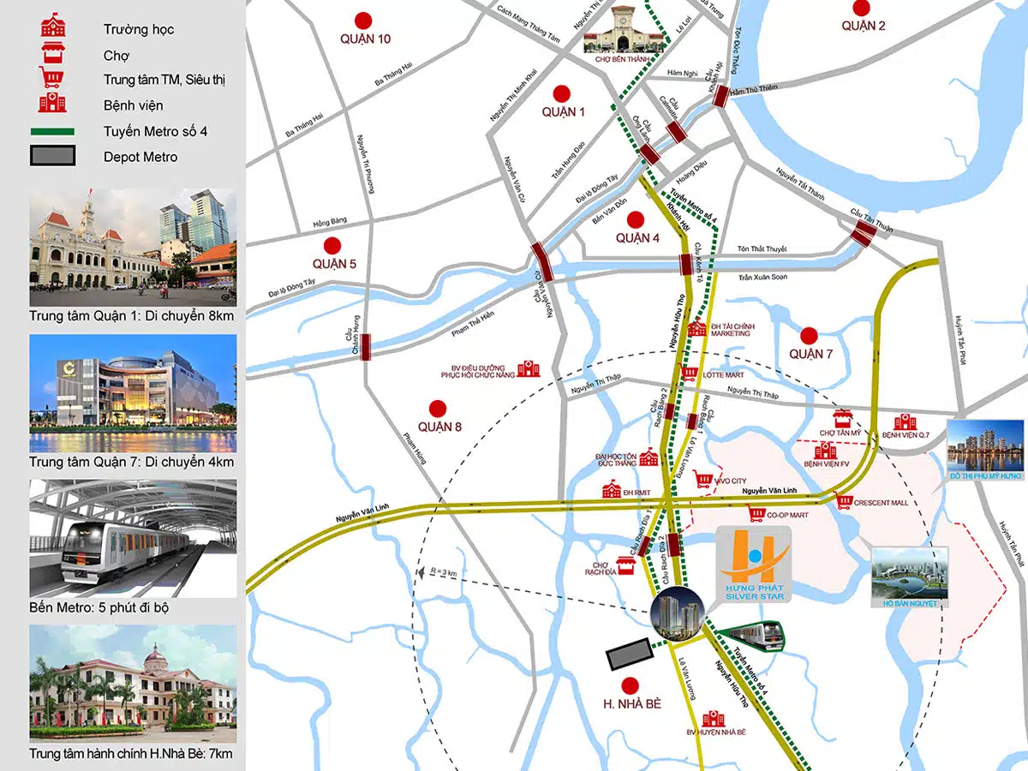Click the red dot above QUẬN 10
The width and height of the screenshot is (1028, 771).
(x=364, y=20)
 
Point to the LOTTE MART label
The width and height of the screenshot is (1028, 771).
(x=724, y=375)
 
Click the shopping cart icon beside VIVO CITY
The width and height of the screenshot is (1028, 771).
(x=704, y=481)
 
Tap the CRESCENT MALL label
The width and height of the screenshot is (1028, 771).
(x=881, y=503)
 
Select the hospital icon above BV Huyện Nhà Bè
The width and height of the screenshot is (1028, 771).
(x=711, y=719)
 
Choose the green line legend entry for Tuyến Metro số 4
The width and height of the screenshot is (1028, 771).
(x=52, y=132)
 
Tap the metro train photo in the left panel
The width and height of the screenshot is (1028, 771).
(x=133, y=538)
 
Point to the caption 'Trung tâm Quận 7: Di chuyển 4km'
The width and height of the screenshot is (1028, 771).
(x=131, y=463)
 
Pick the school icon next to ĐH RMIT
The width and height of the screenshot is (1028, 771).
(x=612, y=490)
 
